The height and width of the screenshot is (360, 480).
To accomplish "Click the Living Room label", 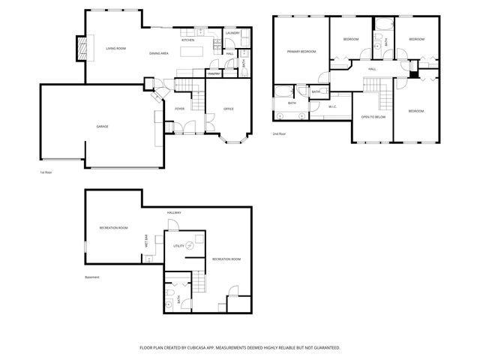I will [115, 49].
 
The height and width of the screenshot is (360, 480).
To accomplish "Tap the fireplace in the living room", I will [82, 50].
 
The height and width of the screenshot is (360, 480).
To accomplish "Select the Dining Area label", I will [158, 54].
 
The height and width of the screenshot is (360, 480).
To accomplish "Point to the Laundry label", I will [232, 33].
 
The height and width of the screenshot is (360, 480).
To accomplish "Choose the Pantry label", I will [214, 74].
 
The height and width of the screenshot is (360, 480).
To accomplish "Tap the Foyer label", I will [180, 109].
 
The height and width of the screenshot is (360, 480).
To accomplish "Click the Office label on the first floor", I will [229, 109].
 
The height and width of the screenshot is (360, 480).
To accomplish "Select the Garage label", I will [102, 126].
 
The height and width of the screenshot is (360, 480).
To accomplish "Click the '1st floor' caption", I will [46, 172].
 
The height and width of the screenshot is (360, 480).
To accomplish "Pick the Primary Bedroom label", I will [301, 52].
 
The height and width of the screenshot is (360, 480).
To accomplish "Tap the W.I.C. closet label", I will [332, 106].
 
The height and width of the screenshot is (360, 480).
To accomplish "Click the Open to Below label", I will [373, 117].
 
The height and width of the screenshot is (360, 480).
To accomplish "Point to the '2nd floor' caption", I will [280, 134].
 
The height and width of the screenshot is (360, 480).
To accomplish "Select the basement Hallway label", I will [175, 213].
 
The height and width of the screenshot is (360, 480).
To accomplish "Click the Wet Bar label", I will [146, 241].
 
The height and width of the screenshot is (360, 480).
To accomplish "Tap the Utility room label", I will [178, 246].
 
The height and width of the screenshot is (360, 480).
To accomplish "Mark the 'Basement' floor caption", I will [91, 277].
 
